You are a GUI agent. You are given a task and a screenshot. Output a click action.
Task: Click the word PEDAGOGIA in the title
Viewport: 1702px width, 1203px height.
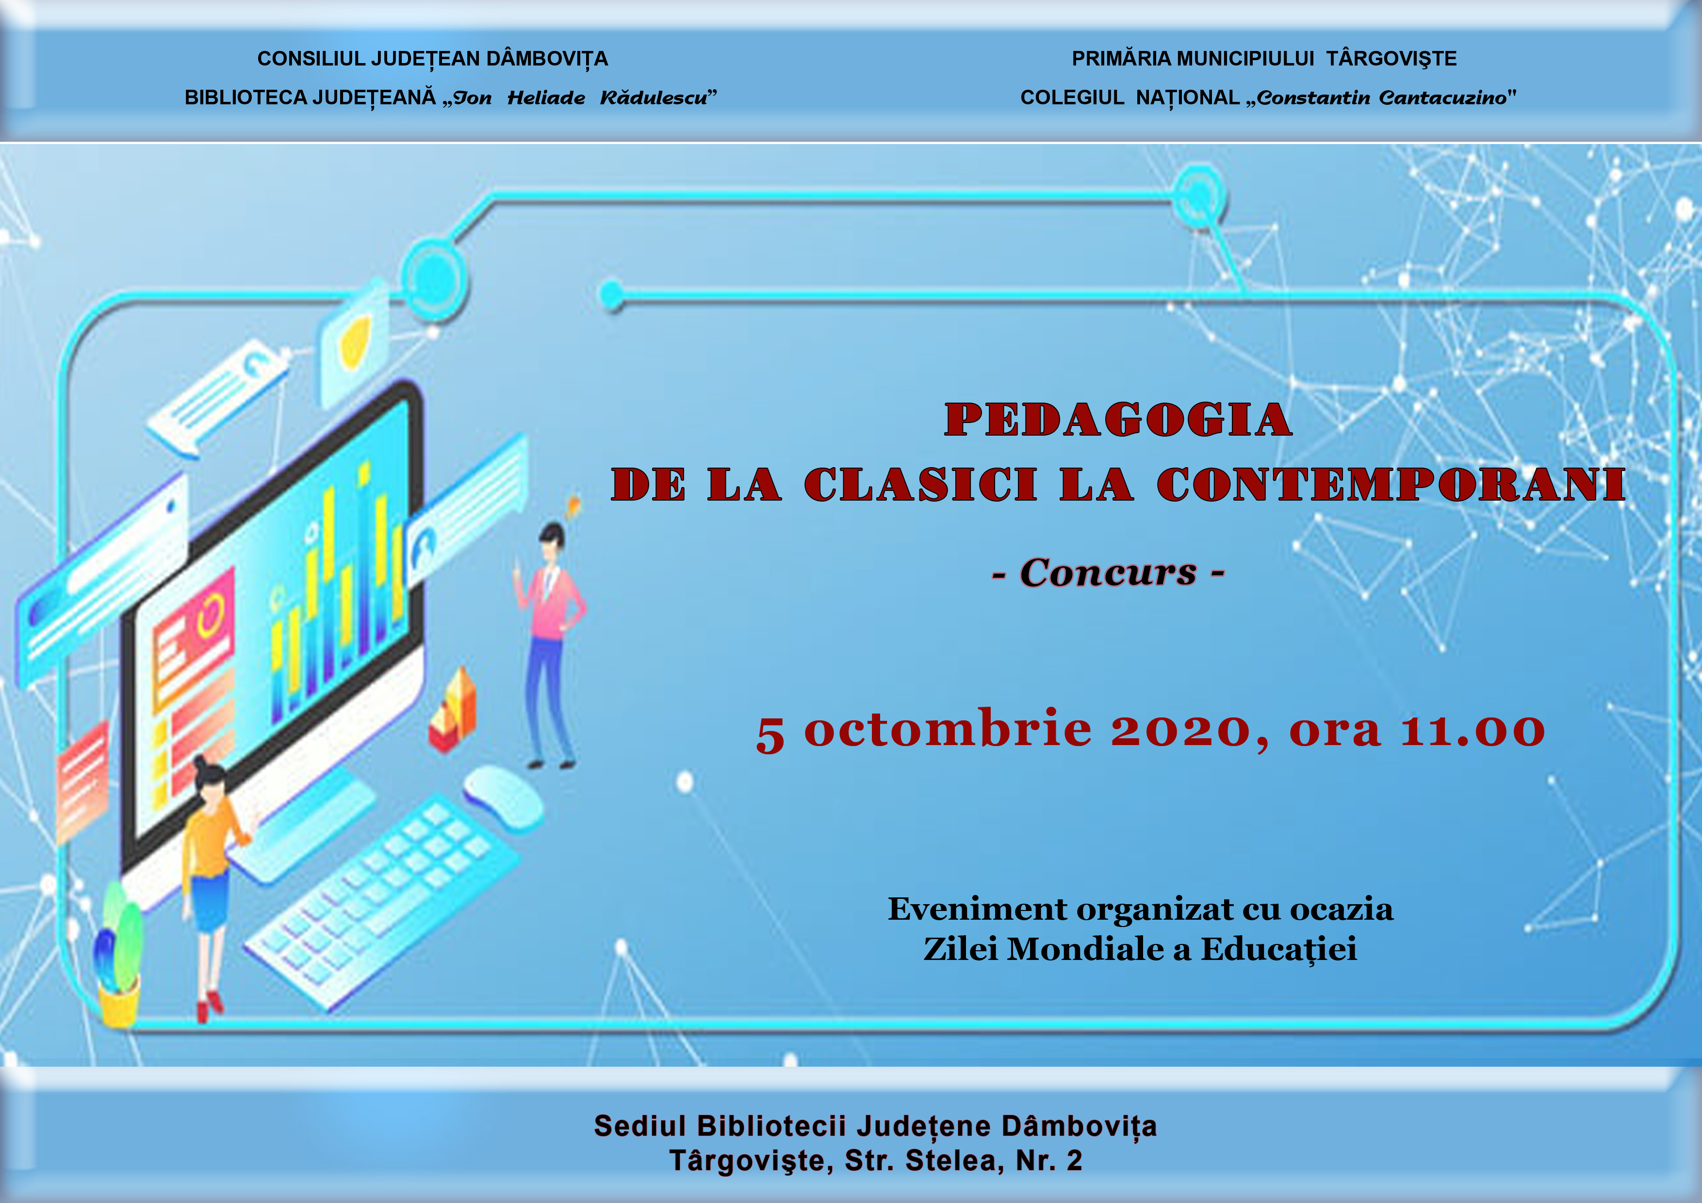(1119, 420)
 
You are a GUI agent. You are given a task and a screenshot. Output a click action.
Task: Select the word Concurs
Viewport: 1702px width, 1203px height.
(1108, 572)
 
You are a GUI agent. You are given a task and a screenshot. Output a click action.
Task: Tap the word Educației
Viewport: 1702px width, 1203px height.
(1279, 949)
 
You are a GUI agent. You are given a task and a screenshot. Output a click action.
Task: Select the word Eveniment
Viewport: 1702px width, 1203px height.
(978, 910)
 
